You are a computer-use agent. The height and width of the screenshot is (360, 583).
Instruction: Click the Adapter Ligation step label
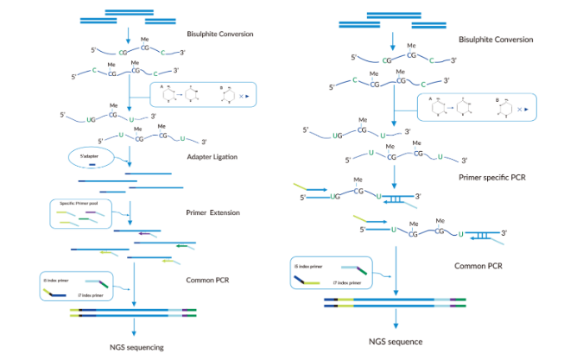coord(212,156)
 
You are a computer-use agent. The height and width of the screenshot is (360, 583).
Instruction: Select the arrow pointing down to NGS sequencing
coord(134,329)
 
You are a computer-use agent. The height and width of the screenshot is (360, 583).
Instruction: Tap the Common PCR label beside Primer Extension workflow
coord(208,280)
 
